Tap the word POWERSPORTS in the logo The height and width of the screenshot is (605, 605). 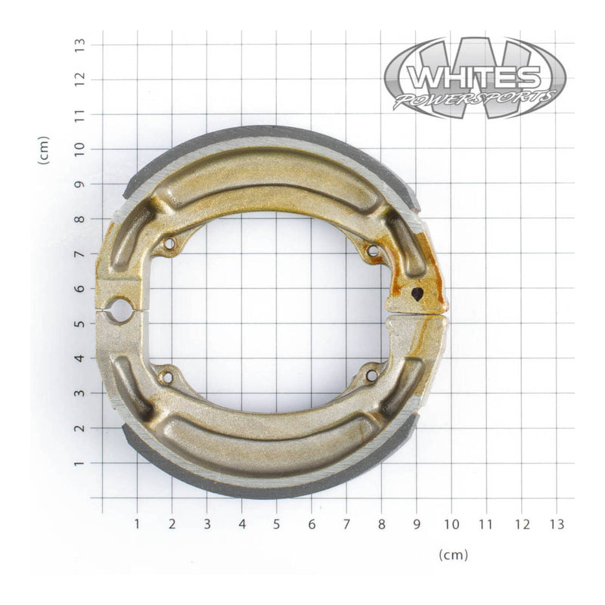(x=475, y=99)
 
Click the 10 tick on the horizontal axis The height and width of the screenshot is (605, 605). (x=451, y=523)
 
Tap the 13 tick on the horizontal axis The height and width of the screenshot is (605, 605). (x=556, y=523)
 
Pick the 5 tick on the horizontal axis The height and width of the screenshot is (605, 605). (x=277, y=523)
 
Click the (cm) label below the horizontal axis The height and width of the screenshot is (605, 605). (x=453, y=554)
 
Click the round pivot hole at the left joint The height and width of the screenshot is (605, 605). (x=119, y=308)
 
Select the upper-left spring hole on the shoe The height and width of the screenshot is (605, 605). (x=169, y=244)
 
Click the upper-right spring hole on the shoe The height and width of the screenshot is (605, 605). (x=372, y=250)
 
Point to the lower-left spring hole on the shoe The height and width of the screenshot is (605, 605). (x=167, y=376)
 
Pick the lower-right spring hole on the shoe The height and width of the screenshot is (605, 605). (x=371, y=374)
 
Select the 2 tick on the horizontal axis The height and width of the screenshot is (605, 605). (x=172, y=523)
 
